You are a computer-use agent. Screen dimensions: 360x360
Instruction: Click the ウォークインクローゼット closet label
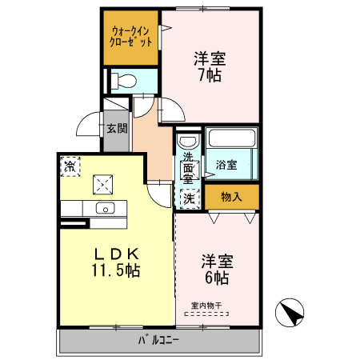(130, 37)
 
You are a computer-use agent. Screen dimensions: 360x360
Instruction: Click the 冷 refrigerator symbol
(70, 166)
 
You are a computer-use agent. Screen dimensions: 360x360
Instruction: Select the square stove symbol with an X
(102, 184)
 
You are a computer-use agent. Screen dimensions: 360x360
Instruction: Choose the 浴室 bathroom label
(226, 165)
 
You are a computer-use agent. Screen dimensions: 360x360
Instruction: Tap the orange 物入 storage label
(231, 197)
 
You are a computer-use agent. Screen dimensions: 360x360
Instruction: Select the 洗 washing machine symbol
(190, 197)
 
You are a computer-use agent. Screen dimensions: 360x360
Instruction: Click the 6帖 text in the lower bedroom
(216, 278)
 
